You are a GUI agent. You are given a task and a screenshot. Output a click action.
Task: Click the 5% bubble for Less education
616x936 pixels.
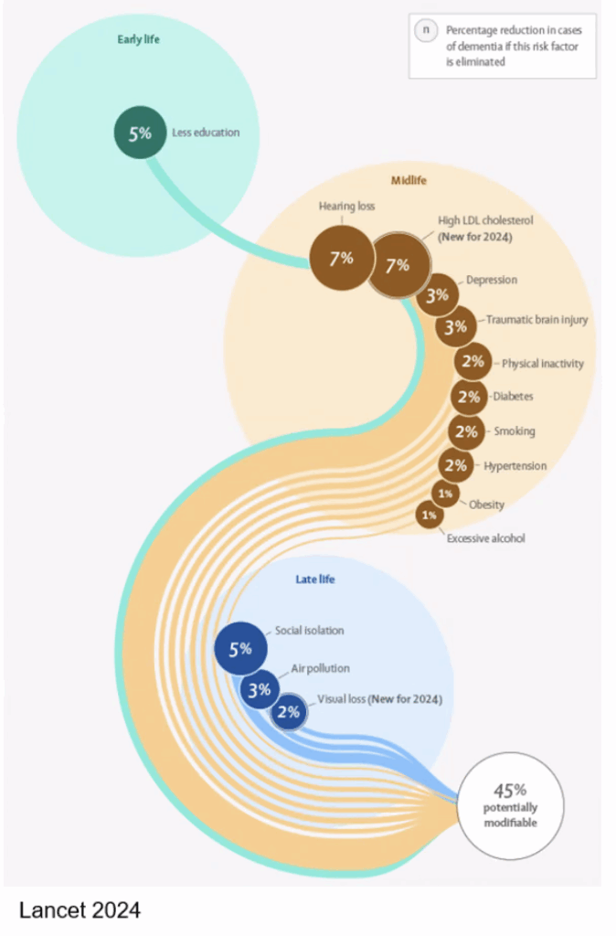pos(140,133)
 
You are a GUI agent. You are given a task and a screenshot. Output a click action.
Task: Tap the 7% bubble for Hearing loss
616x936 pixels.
pos(342,258)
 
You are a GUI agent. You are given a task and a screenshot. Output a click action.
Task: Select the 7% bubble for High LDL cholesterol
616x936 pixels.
pos(398,265)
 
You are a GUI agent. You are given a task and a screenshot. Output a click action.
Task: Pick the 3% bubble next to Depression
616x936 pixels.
pos(438,294)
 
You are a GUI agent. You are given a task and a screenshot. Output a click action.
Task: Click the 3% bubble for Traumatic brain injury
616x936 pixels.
pos(456,326)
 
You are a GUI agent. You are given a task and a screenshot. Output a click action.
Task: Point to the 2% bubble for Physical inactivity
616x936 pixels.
pos(473,361)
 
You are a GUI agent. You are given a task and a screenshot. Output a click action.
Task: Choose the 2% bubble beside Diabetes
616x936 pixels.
pos(469,397)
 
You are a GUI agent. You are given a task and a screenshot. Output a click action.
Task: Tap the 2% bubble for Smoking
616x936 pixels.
pos(466,431)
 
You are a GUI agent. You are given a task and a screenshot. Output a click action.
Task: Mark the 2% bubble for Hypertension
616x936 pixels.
pos(456,465)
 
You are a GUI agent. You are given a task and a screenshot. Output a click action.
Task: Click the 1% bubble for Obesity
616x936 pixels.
pos(445,494)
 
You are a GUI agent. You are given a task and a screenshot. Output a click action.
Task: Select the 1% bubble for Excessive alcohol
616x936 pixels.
pos(430,515)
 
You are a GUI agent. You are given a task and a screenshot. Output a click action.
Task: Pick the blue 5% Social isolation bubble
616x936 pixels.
pos(240,648)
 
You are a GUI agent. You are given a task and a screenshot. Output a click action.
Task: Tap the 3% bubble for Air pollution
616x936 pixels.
pos(260,689)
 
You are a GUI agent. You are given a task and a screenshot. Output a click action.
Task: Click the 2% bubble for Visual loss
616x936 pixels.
pos(289,711)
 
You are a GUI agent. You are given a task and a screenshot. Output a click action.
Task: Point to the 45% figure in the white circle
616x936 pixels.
pos(510,791)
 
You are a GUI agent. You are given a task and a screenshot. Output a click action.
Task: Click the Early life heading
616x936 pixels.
pos(139,39)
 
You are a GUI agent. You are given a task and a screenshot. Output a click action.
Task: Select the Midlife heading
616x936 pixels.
pos(409,180)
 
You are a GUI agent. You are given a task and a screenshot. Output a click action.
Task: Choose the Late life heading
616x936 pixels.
pos(315,579)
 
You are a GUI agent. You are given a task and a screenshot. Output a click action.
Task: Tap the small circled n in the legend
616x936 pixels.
pos(426,30)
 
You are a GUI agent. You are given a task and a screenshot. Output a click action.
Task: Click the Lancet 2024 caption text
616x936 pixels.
pos(80,910)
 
